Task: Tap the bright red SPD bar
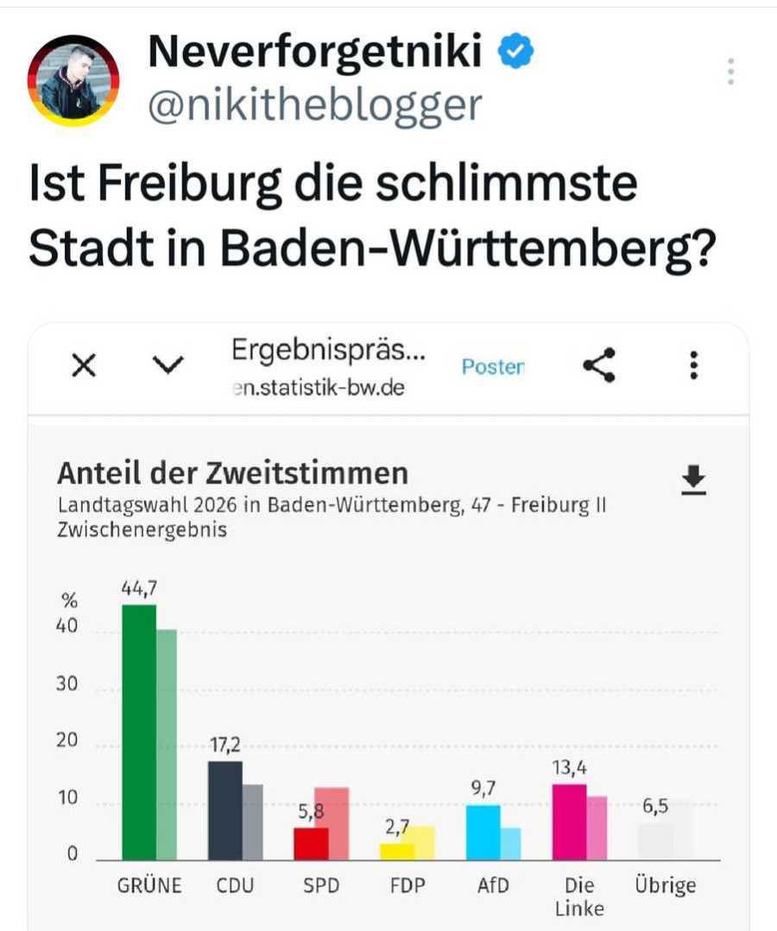(x=311, y=844)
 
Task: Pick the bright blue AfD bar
(x=483, y=833)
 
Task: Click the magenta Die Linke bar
(x=569, y=821)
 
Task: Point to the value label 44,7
(x=139, y=588)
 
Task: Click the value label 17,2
(x=224, y=744)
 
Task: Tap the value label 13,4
(x=569, y=767)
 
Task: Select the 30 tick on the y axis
(x=66, y=685)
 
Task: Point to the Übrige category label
(x=666, y=886)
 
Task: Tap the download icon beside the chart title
(x=693, y=480)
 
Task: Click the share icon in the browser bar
(x=599, y=366)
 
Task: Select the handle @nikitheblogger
(x=315, y=104)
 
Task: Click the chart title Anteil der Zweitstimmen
(x=232, y=473)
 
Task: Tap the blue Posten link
(x=492, y=367)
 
